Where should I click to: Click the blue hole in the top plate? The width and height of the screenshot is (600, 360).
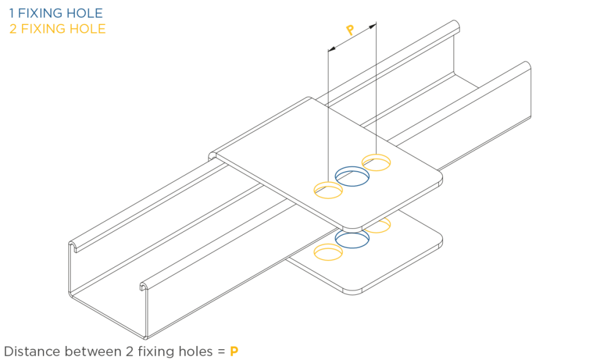point(352,176)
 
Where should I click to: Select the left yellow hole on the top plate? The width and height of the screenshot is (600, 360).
point(328,189)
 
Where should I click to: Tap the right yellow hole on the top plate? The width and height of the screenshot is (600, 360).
point(376,162)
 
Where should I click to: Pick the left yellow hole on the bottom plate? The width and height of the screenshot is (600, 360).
point(328,252)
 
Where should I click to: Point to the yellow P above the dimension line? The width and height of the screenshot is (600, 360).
point(350,30)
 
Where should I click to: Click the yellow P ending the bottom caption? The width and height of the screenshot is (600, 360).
point(234,351)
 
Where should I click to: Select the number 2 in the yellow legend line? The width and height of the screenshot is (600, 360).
point(13,29)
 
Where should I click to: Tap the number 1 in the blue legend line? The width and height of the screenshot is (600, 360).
point(12,13)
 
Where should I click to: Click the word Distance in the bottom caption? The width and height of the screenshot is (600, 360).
point(31,351)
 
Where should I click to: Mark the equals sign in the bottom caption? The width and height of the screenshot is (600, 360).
point(221,351)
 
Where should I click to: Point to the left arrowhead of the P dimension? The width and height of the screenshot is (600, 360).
point(332,49)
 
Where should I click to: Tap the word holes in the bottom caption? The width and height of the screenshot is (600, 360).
point(195,351)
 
